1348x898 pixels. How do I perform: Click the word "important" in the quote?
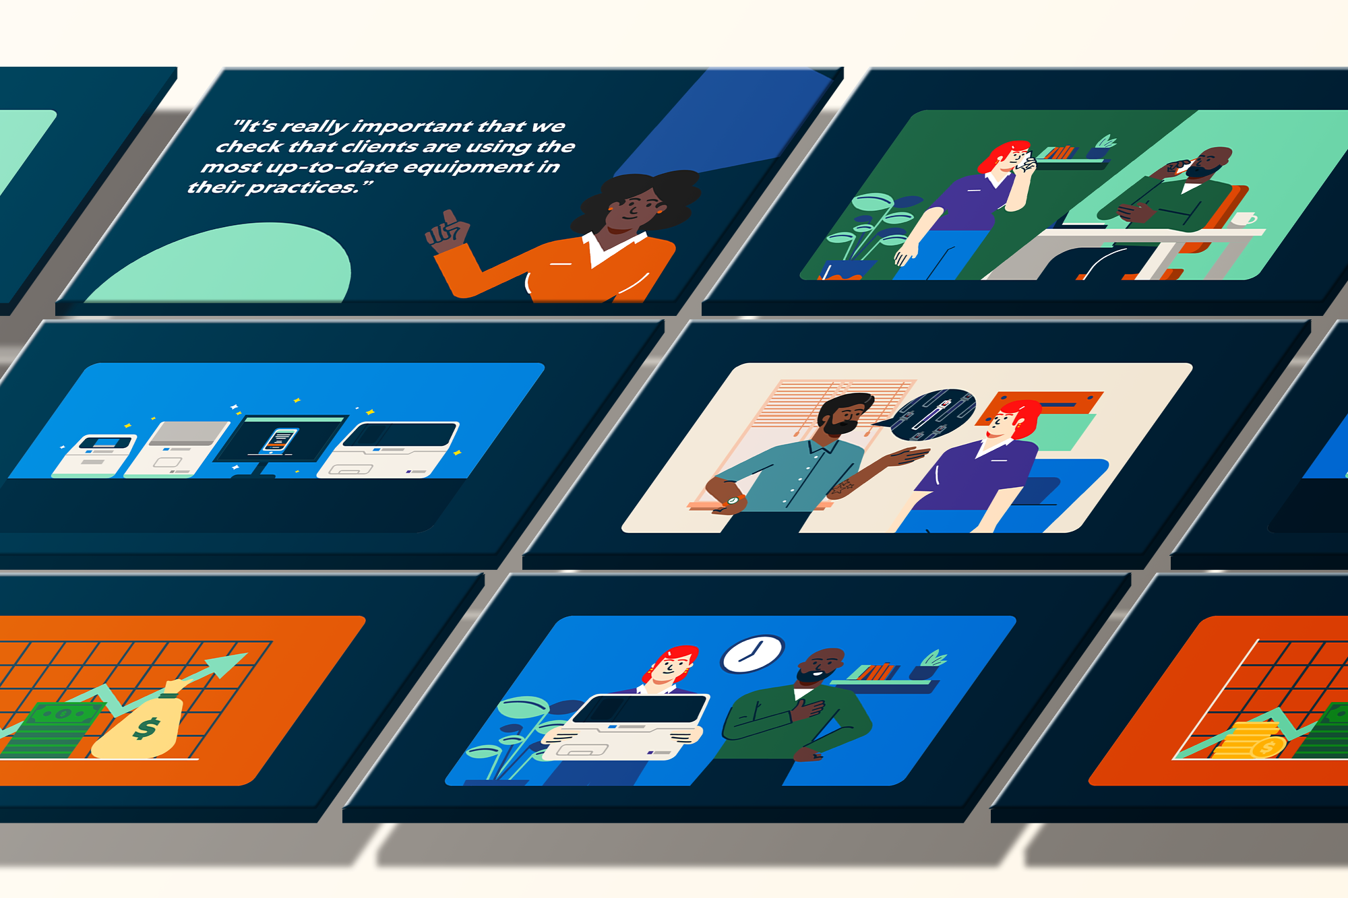412,127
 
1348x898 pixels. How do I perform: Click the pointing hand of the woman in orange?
447,232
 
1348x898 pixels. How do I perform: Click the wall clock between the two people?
753,653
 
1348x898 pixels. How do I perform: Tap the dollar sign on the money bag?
146,728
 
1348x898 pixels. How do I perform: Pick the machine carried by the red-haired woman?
623,727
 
